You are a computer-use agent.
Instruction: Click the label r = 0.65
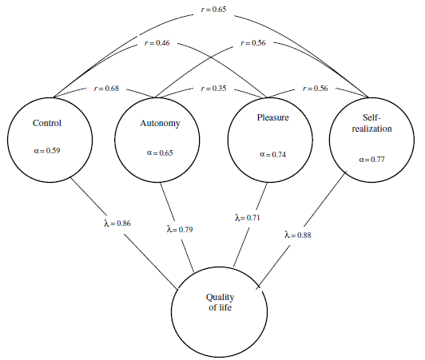click(213, 10)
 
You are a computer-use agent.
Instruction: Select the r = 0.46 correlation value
click(157, 43)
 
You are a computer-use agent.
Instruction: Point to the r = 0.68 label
click(106, 89)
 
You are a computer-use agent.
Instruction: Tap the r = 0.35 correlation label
click(213, 89)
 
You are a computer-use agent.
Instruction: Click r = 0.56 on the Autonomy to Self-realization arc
click(253, 43)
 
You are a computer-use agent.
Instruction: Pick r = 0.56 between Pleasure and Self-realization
click(315, 89)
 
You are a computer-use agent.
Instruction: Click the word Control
click(47, 123)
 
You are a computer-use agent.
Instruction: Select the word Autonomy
click(160, 124)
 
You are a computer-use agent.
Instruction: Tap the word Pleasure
click(273, 117)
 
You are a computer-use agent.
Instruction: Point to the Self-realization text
click(372, 123)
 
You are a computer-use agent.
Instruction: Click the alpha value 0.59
click(47, 151)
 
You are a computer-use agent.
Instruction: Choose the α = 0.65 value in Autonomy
click(160, 153)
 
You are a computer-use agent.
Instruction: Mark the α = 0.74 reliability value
click(272, 155)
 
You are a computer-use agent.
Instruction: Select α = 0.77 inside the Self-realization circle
click(372, 160)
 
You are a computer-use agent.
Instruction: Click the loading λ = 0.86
click(117, 224)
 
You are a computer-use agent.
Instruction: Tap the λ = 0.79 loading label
click(180, 230)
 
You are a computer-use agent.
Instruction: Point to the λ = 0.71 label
click(247, 218)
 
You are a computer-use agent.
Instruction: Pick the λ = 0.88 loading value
click(298, 235)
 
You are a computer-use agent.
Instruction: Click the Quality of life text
click(220, 303)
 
